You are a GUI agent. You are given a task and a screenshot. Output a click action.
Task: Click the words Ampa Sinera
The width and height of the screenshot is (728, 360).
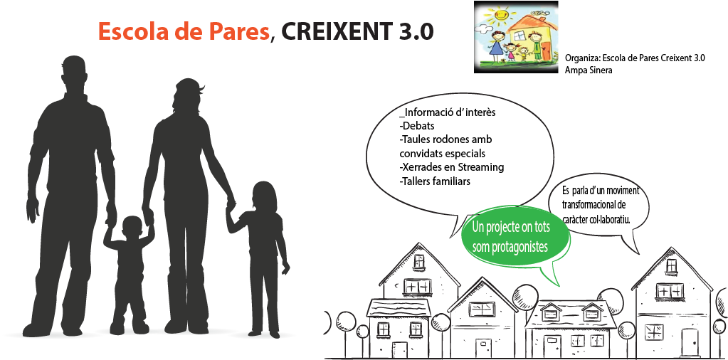tap(586, 70)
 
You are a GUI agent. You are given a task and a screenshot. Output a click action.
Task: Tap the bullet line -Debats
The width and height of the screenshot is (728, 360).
tap(416, 126)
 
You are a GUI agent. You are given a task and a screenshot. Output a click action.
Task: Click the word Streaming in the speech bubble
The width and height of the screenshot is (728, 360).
tap(482, 167)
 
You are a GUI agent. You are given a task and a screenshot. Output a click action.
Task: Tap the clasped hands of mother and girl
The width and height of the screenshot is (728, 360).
tap(231, 205)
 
